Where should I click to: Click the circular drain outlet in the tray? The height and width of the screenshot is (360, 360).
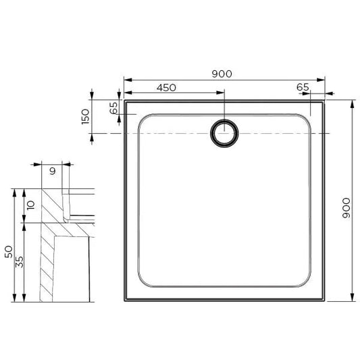coord(224,133)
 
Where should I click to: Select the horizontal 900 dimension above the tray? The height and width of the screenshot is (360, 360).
coord(224,74)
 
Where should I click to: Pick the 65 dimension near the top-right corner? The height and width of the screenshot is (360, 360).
coord(303,88)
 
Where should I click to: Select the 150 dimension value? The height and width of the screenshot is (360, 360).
coord(84,116)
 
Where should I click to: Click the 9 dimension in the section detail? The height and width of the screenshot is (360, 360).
coord(52,171)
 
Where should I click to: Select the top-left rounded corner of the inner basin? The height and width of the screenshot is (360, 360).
coord(144,120)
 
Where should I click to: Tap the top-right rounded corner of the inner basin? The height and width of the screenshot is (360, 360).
coord(306,120)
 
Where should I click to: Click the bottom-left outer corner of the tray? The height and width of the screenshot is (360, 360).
coord(124,301)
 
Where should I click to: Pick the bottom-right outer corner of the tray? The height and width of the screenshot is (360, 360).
coord(325,301)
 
